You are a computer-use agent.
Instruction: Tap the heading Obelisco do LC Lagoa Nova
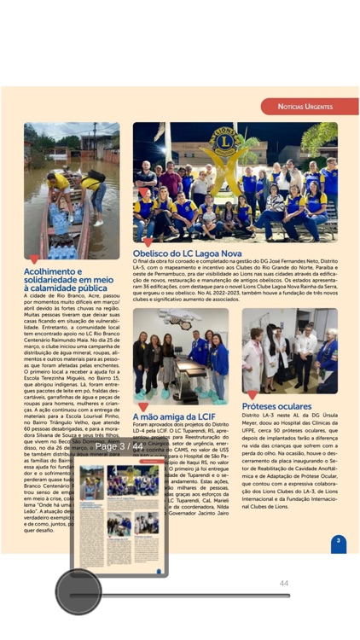click(x=187, y=253)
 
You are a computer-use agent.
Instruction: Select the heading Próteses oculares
click(x=276, y=406)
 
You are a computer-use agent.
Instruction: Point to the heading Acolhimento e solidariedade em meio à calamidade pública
click(x=68, y=280)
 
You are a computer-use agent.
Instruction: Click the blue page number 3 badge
click(x=338, y=541)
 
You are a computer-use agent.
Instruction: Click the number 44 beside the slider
click(x=284, y=584)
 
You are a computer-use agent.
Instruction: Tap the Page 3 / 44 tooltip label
click(x=119, y=446)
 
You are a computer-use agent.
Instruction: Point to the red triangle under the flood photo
click(x=34, y=259)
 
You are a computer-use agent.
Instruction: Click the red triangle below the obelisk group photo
click(x=148, y=244)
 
